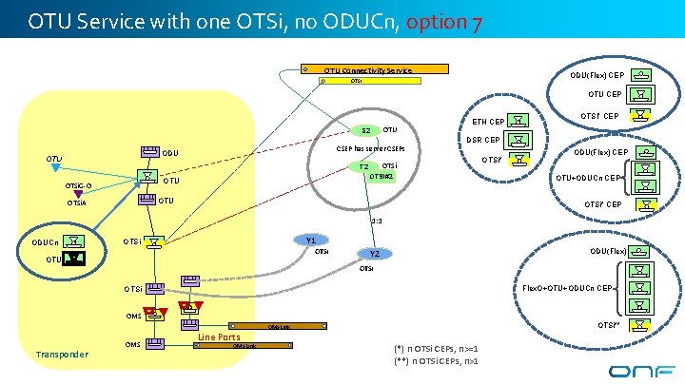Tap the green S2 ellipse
365,130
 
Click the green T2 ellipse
363,167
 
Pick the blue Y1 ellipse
311,241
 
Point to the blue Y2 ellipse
375,254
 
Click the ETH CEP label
488,121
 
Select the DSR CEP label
483,140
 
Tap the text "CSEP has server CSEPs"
371,148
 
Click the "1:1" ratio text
377,221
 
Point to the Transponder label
61,355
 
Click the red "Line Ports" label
219,337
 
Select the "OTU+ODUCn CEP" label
590,177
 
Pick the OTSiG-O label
79,185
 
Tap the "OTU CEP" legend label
605,94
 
